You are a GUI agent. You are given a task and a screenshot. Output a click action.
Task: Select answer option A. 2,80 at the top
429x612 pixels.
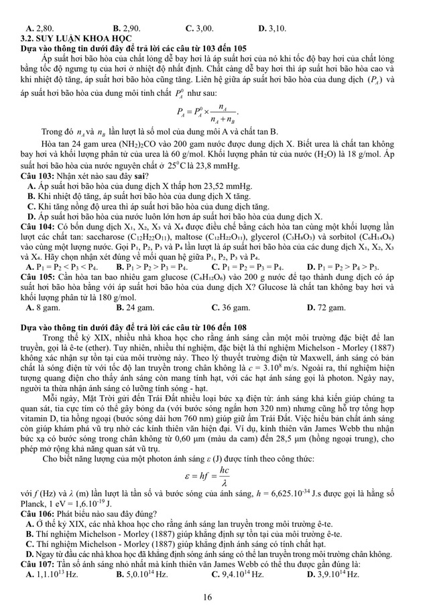tap(40, 29)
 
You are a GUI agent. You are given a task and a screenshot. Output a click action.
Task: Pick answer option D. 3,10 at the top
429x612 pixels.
tap(272, 29)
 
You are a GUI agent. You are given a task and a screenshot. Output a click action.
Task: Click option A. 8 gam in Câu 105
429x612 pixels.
tap(44, 309)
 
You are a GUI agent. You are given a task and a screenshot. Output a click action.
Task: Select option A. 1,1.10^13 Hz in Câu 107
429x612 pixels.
tap(53, 575)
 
